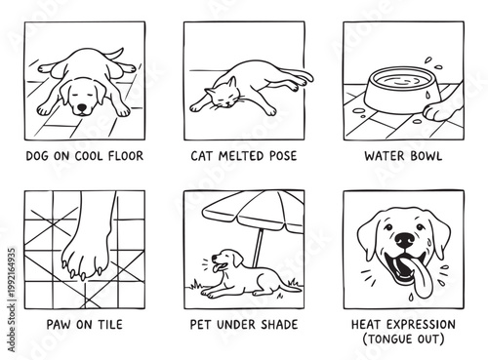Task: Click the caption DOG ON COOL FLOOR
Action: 83,155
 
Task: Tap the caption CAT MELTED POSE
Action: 243,155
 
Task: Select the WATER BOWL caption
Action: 403,155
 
